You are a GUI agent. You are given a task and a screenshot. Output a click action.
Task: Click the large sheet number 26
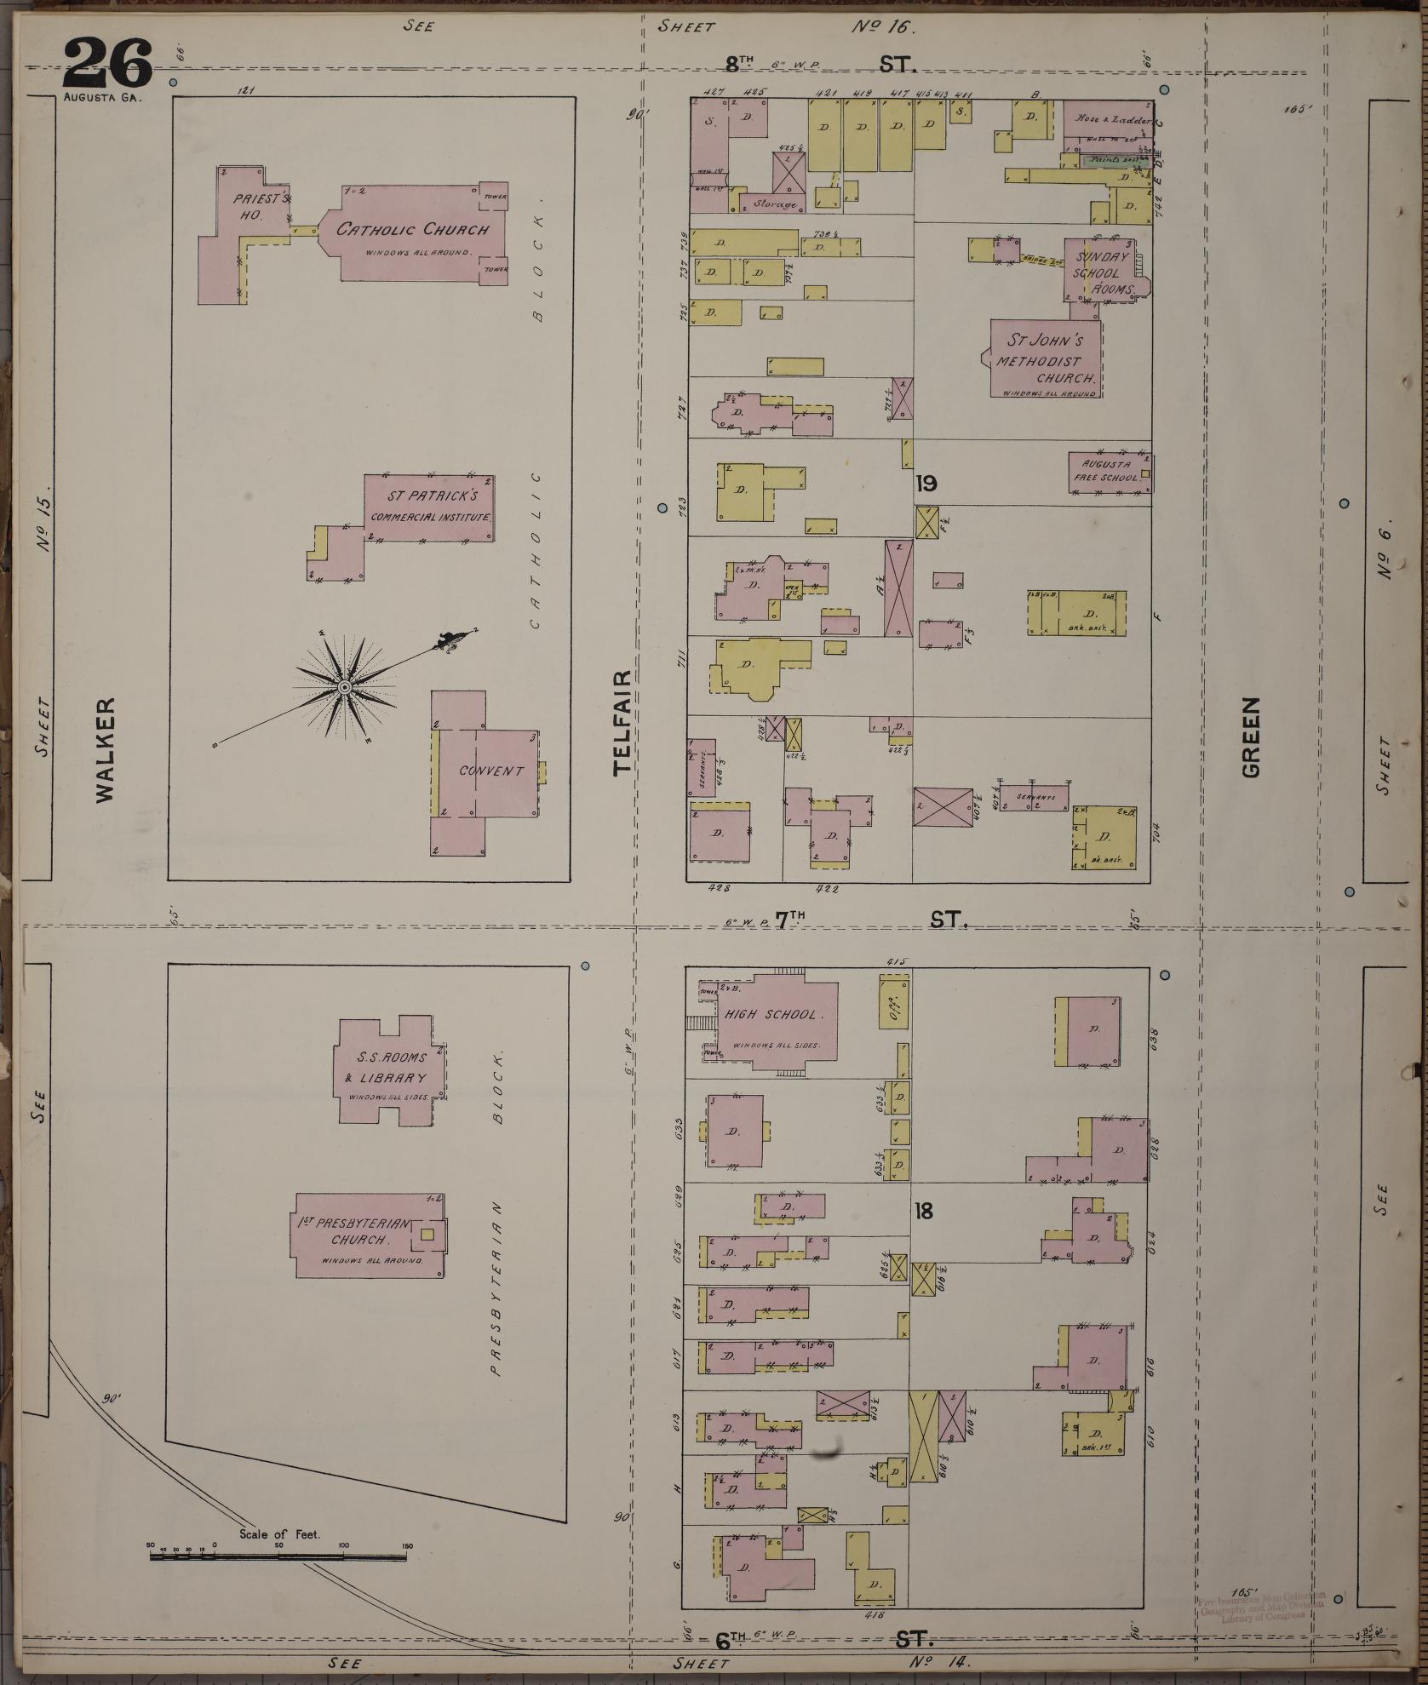[107, 63]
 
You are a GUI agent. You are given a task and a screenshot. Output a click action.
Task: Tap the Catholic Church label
[413, 230]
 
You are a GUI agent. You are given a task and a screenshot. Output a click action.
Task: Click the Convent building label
[491, 771]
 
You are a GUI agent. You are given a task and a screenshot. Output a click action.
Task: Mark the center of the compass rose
[345, 686]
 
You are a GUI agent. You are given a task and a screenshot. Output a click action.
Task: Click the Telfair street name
[623, 721]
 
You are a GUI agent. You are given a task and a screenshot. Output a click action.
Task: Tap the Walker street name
[104, 750]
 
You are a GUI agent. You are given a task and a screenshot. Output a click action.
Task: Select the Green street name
[1250, 737]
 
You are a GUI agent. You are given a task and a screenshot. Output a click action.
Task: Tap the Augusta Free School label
[1106, 471]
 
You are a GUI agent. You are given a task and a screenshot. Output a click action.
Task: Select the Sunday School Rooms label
[1103, 272]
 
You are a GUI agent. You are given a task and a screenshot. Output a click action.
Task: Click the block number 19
[926, 484]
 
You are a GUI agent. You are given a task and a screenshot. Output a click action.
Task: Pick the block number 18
[923, 1211]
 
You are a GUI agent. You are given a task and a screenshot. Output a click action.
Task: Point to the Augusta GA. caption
[102, 97]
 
